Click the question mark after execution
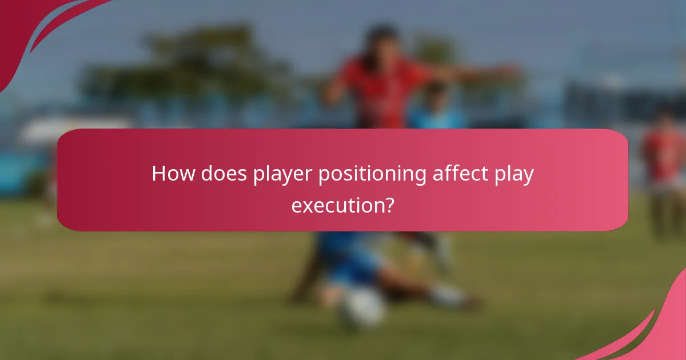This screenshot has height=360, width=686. click(x=388, y=205)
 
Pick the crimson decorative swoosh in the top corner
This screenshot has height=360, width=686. click(x=34, y=29)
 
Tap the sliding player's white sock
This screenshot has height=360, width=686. click(x=446, y=294)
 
